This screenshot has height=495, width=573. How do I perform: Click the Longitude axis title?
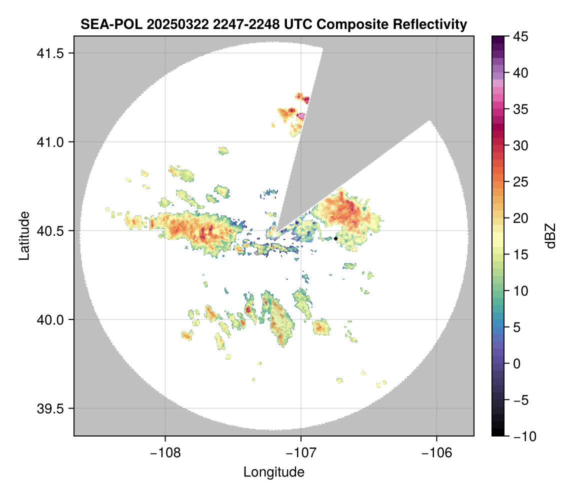coord(274,472)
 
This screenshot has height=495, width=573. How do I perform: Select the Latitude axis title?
coord(24,235)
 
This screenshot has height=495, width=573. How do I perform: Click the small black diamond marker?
coord(335,238)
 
